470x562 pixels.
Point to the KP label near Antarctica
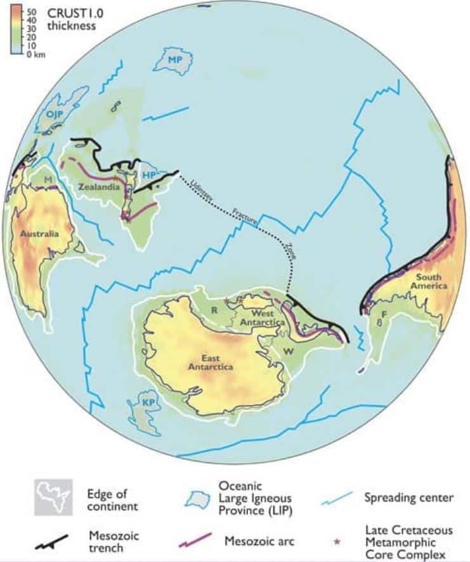(149, 403)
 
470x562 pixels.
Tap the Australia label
(39, 234)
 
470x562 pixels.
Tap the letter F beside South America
(383, 314)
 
